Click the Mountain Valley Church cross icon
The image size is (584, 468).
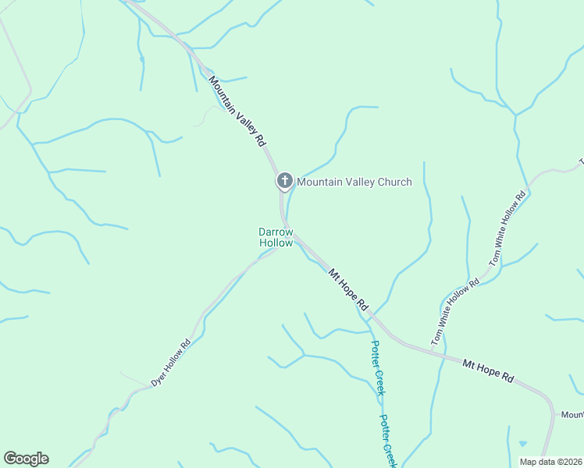pyautogui.click(x=284, y=181)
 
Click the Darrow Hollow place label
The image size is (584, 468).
pyautogui.click(x=276, y=237)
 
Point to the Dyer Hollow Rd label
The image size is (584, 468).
pyautogui.click(x=171, y=363)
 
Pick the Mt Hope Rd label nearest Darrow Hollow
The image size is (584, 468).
pyautogui.click(x=347, y=290)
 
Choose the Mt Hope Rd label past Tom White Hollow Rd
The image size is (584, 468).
pyautogui.click(x=488, y=370)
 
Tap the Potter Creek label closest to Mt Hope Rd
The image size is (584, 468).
pyautogui.click(x=377, y=368)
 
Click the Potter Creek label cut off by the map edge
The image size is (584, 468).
pyautogui.click(x=389, y=441)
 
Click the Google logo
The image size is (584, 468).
pyautogui.click(x=26, y=459)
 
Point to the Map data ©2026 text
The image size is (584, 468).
pyautogui.click(x=550, y=462)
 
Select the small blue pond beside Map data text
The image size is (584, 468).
pyautogui.click(x=522, y=444)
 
